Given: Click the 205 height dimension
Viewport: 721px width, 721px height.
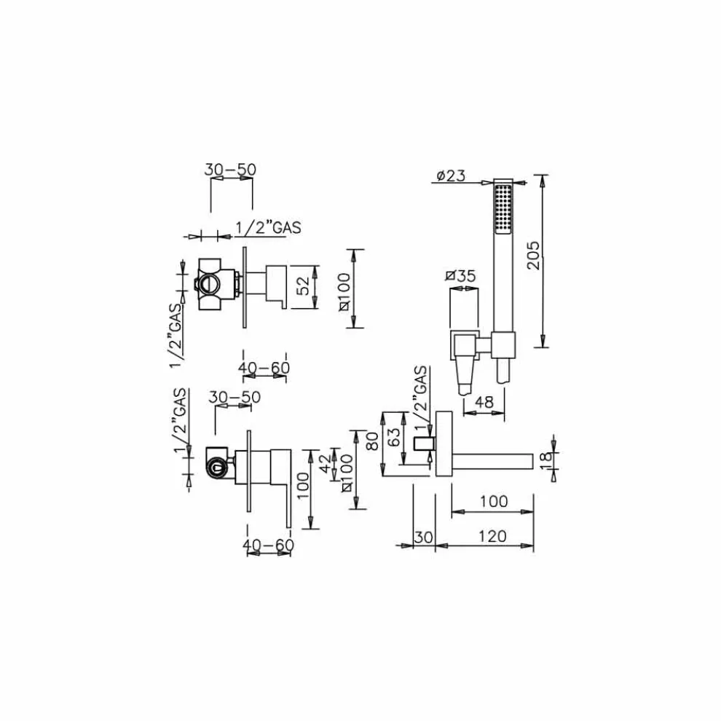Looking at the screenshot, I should click(533, 256).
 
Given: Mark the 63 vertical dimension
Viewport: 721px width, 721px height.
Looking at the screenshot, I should click(393, 438).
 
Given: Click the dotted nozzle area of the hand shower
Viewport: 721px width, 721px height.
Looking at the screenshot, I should click(501, 209).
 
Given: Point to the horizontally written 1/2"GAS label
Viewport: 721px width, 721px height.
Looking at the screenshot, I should click(268, 227).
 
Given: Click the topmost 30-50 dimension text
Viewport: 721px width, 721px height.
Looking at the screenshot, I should click(231, 169).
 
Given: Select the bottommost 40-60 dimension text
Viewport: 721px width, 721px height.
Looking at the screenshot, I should click(269, 545).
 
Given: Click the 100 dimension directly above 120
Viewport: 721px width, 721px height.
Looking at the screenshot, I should click(494, 502).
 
